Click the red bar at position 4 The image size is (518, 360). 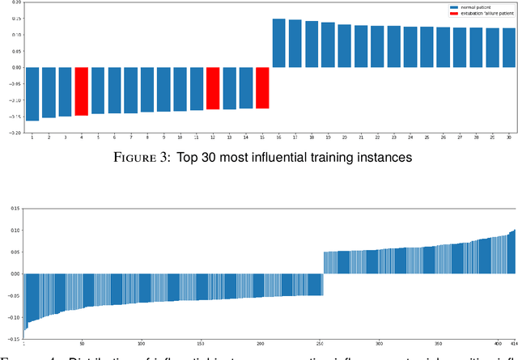pos(81,91)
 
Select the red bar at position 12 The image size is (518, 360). pos(213,88)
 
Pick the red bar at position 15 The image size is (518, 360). pos(262,87)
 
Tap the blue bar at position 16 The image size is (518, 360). pos(278,43)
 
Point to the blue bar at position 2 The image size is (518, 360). pos(49,92)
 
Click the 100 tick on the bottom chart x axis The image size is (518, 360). pos(142,341)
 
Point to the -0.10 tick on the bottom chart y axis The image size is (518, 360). pos(13,317)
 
